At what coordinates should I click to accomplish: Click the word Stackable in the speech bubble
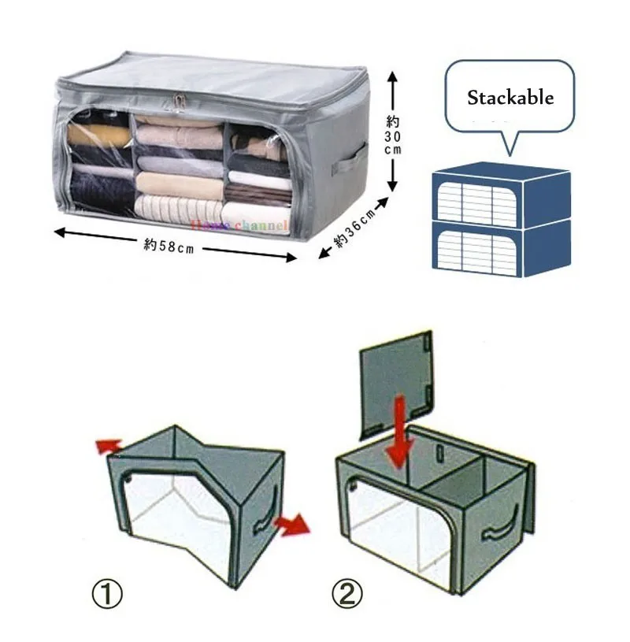[510, 98]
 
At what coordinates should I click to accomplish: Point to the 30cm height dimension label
[394, 136]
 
